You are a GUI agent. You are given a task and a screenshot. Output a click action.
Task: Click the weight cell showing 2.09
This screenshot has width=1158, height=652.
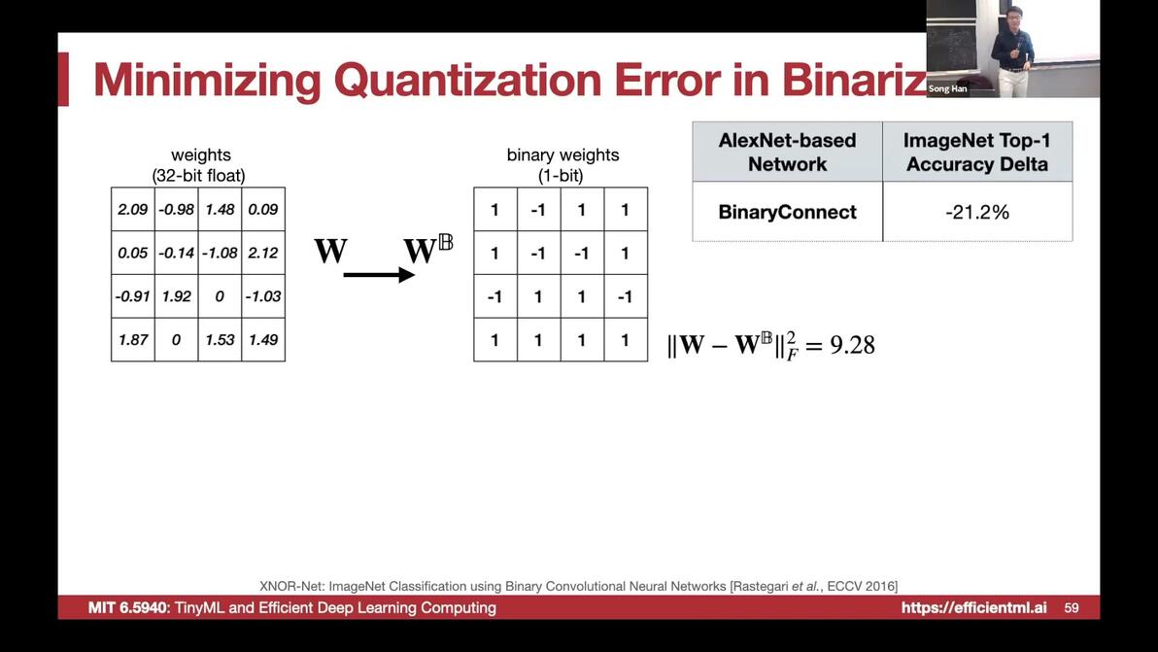(x=133, y=209)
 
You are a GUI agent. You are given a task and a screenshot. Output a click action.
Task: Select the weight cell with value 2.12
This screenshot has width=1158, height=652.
(x=263, y=253)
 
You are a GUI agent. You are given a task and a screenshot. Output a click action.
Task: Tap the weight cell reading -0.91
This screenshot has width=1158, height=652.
(x=133, y=296)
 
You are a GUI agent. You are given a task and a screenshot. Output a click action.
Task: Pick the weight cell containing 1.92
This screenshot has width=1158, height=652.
(x=177, y=296)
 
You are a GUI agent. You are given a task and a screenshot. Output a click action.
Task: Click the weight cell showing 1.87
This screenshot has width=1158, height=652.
(x=133, y=340)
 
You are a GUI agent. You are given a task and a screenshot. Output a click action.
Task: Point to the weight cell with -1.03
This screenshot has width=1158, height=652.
(x=263, y=296)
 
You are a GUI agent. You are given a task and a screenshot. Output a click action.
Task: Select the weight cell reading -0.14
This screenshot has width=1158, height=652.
(x=177, y=253)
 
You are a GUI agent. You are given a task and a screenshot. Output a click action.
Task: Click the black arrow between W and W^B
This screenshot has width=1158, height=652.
(x=379, y=275)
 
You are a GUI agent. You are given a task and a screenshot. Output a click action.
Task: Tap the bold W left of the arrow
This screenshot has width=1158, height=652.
(x=330, y=251)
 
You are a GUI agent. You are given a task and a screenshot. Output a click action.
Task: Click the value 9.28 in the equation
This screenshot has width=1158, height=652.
(x=852, y=345)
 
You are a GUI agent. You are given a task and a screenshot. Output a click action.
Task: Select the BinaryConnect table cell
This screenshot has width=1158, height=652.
(x=787, y=212)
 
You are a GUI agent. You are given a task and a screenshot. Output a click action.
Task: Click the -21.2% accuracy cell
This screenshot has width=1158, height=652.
(x=977, y=212)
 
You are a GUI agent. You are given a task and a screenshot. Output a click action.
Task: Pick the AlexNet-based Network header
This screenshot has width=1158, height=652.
(x=787, y=153)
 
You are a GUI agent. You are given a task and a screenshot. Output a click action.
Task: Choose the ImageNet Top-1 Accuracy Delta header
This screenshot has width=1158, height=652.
(x=977, y=153)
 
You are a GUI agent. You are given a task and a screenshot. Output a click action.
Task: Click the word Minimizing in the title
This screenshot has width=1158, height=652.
(x=208, y=80)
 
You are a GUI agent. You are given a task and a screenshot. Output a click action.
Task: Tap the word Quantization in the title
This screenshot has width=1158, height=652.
(x=467, y=80)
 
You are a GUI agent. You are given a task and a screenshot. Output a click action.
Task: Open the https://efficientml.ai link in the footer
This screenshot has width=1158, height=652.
(x=973, y=607)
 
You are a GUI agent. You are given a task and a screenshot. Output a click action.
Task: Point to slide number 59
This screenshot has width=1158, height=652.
(x=1072, y=608)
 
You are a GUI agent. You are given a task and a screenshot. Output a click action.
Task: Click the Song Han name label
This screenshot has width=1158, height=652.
(x=947, y=88)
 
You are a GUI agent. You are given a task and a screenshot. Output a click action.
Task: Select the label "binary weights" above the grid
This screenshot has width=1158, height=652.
(x=562, y=155)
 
